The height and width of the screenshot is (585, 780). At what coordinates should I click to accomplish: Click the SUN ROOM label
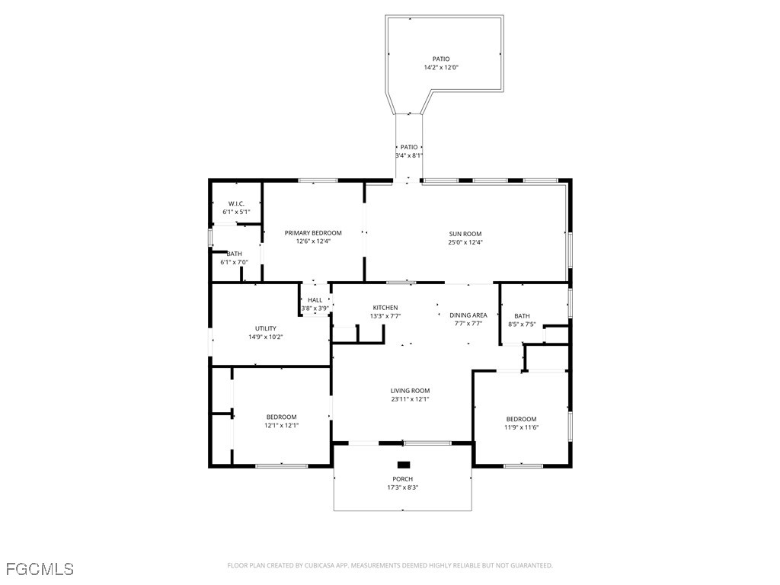click(x=465, y=234)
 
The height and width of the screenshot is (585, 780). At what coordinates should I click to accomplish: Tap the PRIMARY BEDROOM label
click(x=313, y=233)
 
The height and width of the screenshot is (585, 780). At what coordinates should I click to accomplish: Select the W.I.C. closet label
click(x=236, y=204)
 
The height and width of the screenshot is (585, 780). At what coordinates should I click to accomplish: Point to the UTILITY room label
click(x=266, y=328)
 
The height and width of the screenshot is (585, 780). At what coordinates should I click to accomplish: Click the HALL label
click(x=315, y=300)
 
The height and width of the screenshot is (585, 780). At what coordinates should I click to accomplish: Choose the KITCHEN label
click(x=385, y=308)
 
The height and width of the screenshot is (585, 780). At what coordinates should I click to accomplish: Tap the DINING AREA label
click(x=468, y=315)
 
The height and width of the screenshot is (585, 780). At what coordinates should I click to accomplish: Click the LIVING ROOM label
click(x=410, y=391)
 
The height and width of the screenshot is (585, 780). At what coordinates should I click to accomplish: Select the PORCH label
click(x=402, y=479)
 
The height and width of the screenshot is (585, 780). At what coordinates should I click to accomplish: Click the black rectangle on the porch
click(x=404, y=465)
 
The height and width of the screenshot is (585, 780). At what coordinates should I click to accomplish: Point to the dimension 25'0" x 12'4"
click(x=465, y=242)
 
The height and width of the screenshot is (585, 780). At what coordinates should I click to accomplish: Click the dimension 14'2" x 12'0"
click(x=441, y=67)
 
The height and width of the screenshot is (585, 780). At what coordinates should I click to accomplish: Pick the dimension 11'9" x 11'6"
click(x=521, y=427)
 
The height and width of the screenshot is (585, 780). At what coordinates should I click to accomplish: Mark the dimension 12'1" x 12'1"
click(x=282, y=425)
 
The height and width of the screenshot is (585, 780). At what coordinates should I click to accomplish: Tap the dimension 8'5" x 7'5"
click(x=522, y=324)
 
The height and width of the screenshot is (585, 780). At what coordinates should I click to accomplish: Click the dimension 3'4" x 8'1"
click(x=409, y=155)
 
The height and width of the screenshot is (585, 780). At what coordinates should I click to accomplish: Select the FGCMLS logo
click(x=40, y=568)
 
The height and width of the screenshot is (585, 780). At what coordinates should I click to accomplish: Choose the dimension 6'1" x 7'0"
click(x=235, y=262)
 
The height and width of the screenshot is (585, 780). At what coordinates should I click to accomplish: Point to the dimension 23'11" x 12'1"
click(x=410, y=399)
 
